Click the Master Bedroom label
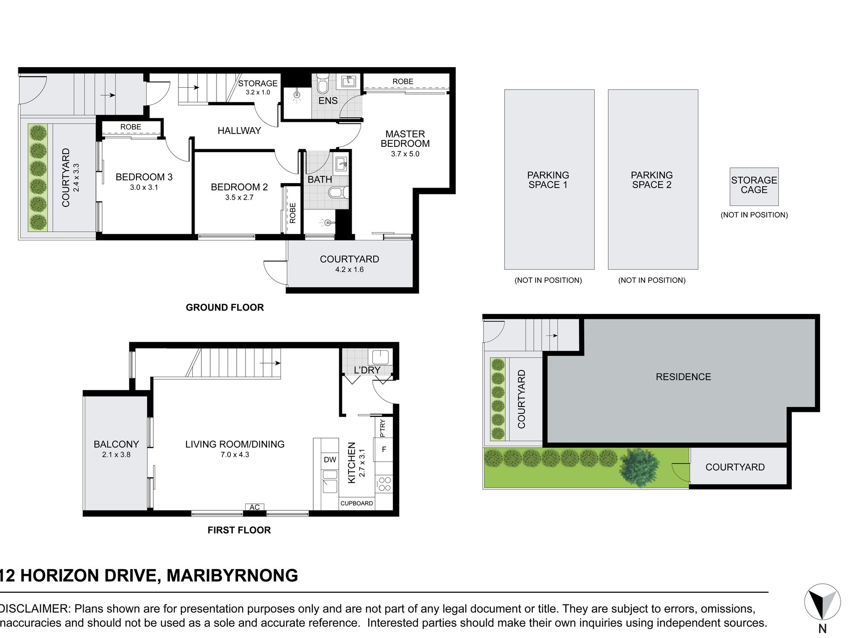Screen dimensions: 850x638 [405, 139]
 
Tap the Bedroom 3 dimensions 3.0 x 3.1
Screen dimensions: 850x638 [144, 188]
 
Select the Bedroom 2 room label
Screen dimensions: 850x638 [239, 187]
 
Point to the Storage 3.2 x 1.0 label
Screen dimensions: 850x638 [258, 87]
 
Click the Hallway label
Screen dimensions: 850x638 [239, 131]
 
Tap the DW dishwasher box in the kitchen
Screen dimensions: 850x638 [330, 460]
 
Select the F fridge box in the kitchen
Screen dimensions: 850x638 [384, 450]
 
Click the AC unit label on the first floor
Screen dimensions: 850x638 [255, 507]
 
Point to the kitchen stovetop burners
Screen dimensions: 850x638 [384, 484]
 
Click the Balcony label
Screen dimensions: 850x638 [116, 444]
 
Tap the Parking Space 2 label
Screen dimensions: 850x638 [652, 180]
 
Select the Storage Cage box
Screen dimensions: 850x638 [754, 186]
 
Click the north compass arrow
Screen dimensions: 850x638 [822, 602]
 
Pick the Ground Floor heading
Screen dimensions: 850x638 [225, 308]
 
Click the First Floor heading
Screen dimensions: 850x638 [239, 530]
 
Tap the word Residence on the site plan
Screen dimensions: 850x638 [683, 377]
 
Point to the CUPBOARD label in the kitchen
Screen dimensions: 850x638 [357, 503]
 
